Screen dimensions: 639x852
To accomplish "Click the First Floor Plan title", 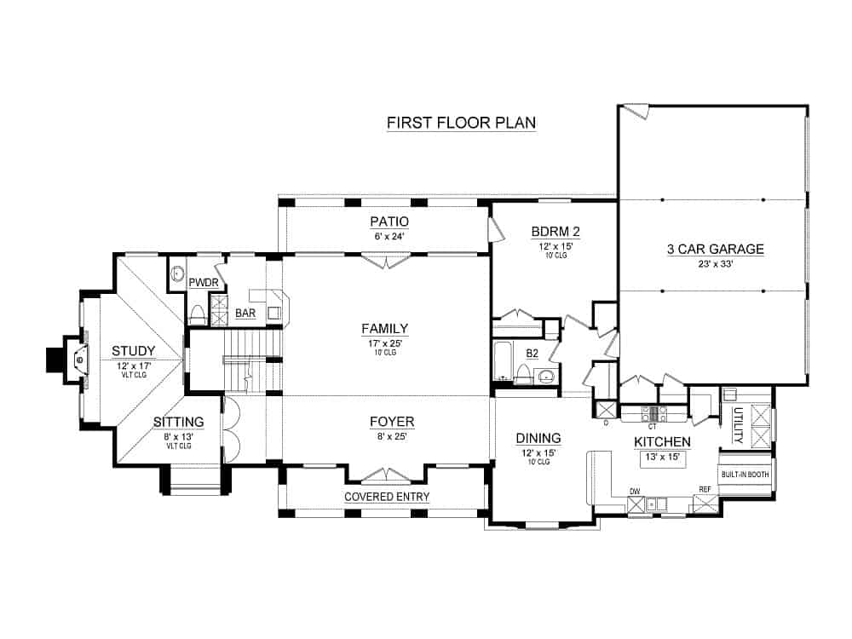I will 461,123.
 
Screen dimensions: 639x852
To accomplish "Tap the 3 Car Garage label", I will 715,250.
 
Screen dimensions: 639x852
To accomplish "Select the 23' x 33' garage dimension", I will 715,264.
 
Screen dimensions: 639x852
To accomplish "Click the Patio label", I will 387,222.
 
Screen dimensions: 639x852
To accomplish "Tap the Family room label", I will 385,328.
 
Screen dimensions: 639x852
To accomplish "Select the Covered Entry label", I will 387,497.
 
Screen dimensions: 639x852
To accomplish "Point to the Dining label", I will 538,438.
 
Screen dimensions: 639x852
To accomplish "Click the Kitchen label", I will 661,442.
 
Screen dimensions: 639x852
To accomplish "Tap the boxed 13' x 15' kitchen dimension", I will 661,458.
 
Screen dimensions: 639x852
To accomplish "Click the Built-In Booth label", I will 745,475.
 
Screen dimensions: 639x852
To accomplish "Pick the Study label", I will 133,350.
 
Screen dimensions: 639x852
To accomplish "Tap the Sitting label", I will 178,422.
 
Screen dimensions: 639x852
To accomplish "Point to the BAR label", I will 245,314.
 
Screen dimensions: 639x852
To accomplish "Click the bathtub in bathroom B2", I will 502,362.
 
